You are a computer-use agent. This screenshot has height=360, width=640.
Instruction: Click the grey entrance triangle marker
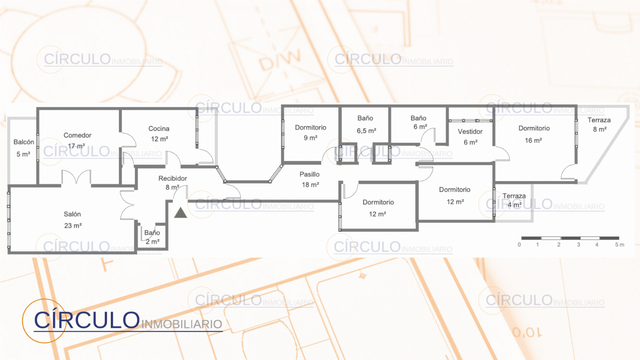click(x=180, y=213)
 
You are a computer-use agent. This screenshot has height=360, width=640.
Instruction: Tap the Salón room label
click(x=72, y=214)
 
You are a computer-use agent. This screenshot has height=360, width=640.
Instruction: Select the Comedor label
click(x=78, y=135)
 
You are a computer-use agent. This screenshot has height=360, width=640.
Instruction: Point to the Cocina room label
click(x=159, y=128)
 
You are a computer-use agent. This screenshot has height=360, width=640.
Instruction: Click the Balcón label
click(x=24, y=142)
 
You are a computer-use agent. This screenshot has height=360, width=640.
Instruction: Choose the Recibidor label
click(x=172, y=178)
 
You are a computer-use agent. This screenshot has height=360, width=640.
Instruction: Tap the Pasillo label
click(x=310, y=174)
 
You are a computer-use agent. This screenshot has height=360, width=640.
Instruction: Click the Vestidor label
click(x=470, y=132)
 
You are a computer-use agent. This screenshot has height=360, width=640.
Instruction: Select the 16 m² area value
click(x=534, y=140)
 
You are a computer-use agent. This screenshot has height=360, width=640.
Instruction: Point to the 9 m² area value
click(x=310, y=138)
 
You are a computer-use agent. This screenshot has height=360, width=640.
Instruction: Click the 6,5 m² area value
click(x=366, y=131)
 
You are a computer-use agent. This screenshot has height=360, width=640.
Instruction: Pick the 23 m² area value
click(x=73, y=226)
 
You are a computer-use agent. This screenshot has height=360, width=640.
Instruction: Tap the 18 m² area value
click(x=310, y=185)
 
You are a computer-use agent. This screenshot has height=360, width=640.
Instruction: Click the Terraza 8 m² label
click(x=599, y=124)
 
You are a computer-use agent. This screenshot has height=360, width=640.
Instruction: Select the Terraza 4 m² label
click(x=514, y=200)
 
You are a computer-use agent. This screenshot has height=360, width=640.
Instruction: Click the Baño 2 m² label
click(x=152, y=237)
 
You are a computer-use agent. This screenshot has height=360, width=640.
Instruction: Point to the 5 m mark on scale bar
click(x=620, y=245)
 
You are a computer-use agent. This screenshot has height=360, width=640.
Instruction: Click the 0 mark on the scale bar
click(x=519, y=245)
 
